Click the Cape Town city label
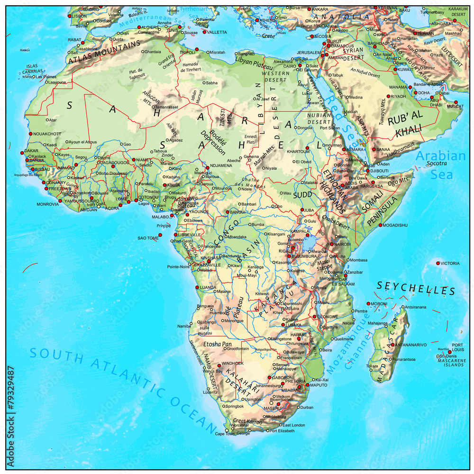225,434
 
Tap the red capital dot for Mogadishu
380,225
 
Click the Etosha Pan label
217,344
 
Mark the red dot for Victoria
438,263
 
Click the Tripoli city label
188,53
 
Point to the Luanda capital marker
197,287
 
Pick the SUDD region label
301,195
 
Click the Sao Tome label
148,238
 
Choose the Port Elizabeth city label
282,431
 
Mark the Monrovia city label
48,204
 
